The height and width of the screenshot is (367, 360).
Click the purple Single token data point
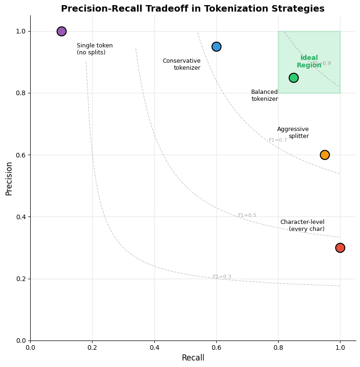pos(61,31)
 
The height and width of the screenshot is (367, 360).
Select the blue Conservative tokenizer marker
pos(216,46)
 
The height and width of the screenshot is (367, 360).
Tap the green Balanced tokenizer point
pos(293,78)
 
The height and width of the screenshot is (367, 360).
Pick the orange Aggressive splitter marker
pos(325,155)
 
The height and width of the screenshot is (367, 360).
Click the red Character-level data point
pos(340,248)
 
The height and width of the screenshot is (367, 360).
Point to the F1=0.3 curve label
pos(222,277)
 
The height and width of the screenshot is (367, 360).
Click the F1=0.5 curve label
pos(247,216)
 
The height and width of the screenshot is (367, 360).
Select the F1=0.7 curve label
pos(278,140)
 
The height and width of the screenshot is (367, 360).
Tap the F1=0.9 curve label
pos(322,64)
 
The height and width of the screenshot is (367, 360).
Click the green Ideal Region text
pos(309,62)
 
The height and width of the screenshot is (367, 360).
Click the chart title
pos(193,9)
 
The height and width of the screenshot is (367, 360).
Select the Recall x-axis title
pos(193,358)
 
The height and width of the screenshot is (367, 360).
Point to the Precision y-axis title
pos(9,178)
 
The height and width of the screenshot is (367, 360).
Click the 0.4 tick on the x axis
pos(154,347)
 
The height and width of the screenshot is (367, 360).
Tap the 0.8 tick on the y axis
pos(20,93)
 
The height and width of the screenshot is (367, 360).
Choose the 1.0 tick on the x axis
pos(340,347)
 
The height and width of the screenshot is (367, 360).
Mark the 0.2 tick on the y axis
pos(20,279)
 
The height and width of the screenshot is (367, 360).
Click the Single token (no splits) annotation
pos(94,49)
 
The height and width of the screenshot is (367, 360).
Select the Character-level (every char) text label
pos(302,226)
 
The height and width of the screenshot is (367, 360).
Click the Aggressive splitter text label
pos(293,133)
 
